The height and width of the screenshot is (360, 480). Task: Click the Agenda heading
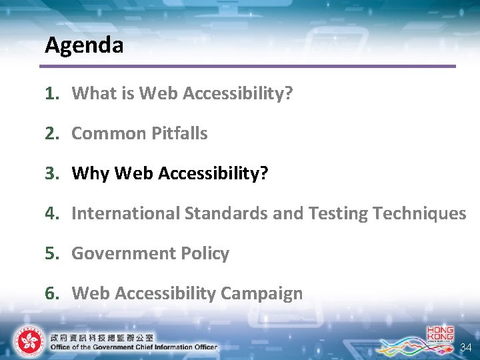84,45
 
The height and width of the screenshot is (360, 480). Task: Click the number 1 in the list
50,93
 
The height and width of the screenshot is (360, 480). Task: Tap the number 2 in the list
50,133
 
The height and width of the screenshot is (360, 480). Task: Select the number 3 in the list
50,173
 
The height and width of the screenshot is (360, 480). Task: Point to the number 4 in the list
50,213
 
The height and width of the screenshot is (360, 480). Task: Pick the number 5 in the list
50,253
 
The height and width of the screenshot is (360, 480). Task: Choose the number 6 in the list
50,293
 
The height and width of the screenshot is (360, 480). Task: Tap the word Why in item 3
91,173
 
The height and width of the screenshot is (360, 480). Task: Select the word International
125,213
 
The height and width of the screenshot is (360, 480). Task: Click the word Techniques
419,213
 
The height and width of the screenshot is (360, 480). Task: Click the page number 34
465,347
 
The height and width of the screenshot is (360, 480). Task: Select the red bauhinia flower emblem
27,341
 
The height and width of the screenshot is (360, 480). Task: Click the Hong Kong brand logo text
440,334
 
